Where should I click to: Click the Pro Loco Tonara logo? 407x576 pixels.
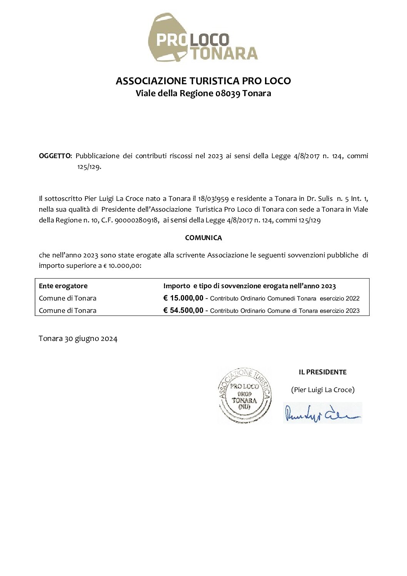(203, 38)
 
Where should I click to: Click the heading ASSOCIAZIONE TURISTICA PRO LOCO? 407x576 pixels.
(203, 81)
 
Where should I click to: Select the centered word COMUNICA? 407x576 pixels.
(203, 238)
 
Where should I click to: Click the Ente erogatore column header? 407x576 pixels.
(63, 286)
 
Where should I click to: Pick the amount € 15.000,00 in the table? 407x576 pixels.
(183, 298)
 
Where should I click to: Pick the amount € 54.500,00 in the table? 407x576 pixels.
(183, 311)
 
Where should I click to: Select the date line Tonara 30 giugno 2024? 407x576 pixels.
(78, 339)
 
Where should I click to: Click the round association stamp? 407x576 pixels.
(244, 395)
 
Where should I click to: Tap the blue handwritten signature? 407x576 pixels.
(322, 412)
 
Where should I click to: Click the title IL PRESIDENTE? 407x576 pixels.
(322, 372)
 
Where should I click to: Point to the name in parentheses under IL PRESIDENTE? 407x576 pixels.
(322, 390)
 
